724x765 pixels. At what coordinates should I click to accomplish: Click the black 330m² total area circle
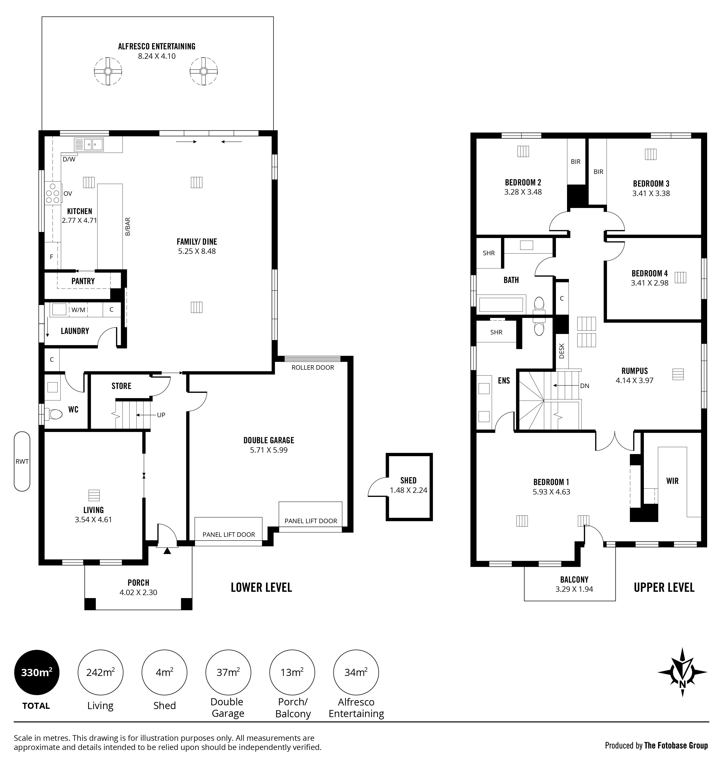click(x=37, y=673)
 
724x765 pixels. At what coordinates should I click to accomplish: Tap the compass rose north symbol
click(x=682, y=672)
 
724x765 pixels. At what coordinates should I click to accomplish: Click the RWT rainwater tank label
click(x=22, y=462)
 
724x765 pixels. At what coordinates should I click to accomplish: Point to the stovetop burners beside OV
click(x=52, y=193)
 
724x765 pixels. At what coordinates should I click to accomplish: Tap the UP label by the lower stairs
click(x=161, y=415)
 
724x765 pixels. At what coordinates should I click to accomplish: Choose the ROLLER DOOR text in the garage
click(x=313, y=367)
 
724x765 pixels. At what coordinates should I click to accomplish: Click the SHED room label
click(x=408, y=481)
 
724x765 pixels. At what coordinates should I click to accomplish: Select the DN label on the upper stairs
click(x=585, y=386)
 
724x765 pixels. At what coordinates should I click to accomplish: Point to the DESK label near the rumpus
click(x=562, y=351)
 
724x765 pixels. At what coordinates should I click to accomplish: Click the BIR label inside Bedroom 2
click(x=575, y=162)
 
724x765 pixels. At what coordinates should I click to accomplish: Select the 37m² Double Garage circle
click(x=228, y=672)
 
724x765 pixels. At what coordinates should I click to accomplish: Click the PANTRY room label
click(x=83, y=281)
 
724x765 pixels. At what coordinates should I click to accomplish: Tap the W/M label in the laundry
click(x=78, y=310)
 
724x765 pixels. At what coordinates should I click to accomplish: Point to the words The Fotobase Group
click(x=676, y=745)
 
